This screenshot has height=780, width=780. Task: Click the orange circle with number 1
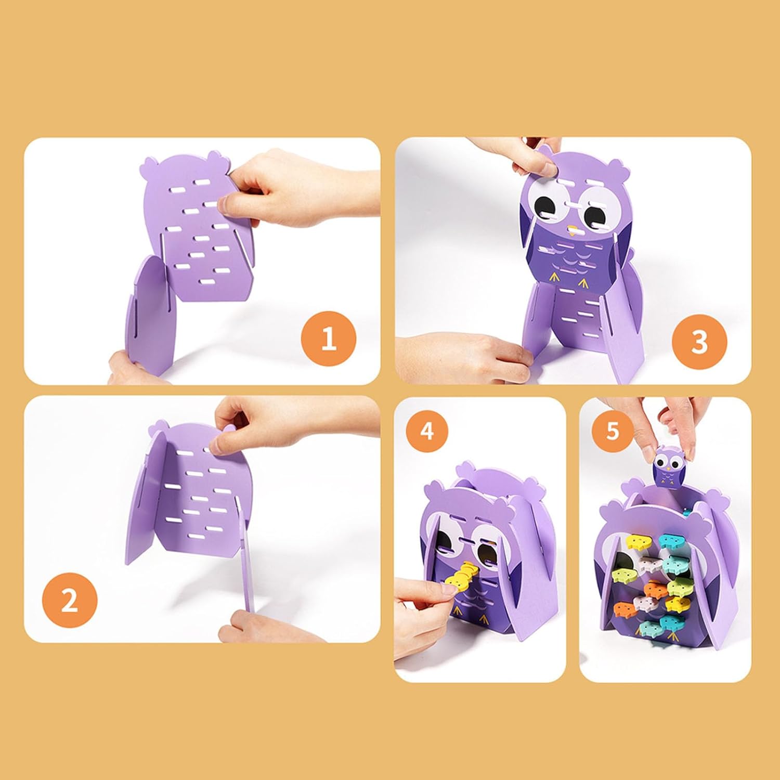click(x=329, y=339)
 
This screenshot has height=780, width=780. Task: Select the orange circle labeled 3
click(x=699, y=342)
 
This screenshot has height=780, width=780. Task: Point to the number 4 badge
click(x=427, y=431)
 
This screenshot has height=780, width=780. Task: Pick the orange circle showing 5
click(x=613, y=431)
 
